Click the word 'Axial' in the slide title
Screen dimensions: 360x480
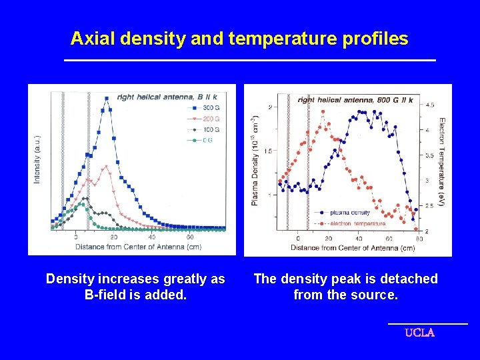(x=93, y=39)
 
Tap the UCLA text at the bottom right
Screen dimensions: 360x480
(x=419, y=333)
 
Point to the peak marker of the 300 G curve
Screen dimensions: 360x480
(x=107, y=99)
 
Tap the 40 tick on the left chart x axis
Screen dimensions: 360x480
(x=152, y=237)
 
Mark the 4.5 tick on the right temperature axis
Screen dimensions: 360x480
(x=430, y=105)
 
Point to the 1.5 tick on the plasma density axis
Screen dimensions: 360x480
(x=268, y=151)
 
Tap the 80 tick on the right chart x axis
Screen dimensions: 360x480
(x=419, y=239)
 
